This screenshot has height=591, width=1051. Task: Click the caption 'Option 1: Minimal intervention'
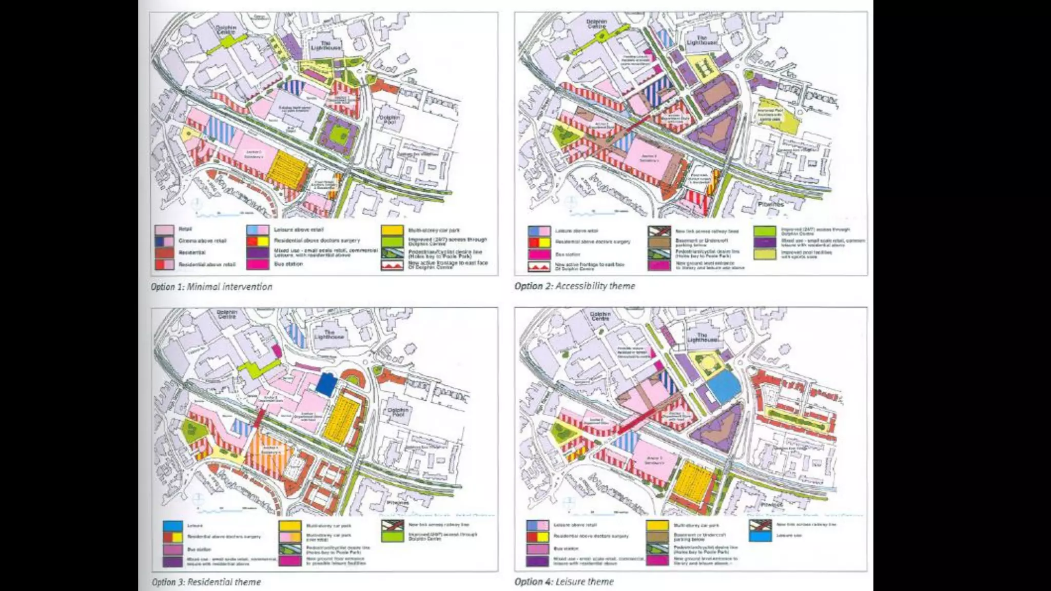[x=211, y=287]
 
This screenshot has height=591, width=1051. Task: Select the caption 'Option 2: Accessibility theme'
[x=574, y=286]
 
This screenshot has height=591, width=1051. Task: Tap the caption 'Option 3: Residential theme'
[x=206, y=582]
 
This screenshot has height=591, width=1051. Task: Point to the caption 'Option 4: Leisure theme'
[x=564, y=581]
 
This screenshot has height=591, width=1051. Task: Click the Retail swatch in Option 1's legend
[x=164, y=229]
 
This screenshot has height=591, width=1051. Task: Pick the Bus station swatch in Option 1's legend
[x=257, y=264]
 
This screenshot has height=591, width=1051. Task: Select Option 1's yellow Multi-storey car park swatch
[x=392, y=230]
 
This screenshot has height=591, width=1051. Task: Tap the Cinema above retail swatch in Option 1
[x=164, y=241]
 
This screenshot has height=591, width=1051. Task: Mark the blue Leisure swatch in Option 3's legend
[x=172, y=526]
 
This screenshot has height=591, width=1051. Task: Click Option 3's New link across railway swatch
[x=392, y=526]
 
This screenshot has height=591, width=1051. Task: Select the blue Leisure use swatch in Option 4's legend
[x=760, y=536]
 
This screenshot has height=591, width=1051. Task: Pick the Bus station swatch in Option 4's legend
[x=537, y=548]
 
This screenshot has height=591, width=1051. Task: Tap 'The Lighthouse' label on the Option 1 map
[x=325, y=46]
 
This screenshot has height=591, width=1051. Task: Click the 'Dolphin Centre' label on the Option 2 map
[x=596, y=24]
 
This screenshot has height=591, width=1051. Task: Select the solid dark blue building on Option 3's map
[x=325, y=384]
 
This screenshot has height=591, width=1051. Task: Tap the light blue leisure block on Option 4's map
[x=724, y=386]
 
